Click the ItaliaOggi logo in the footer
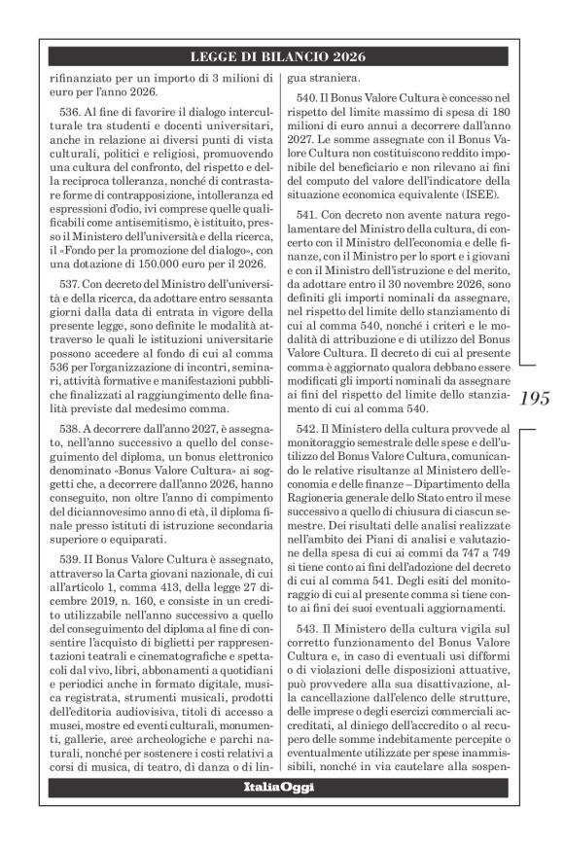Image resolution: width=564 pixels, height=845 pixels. click(281, 812)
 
